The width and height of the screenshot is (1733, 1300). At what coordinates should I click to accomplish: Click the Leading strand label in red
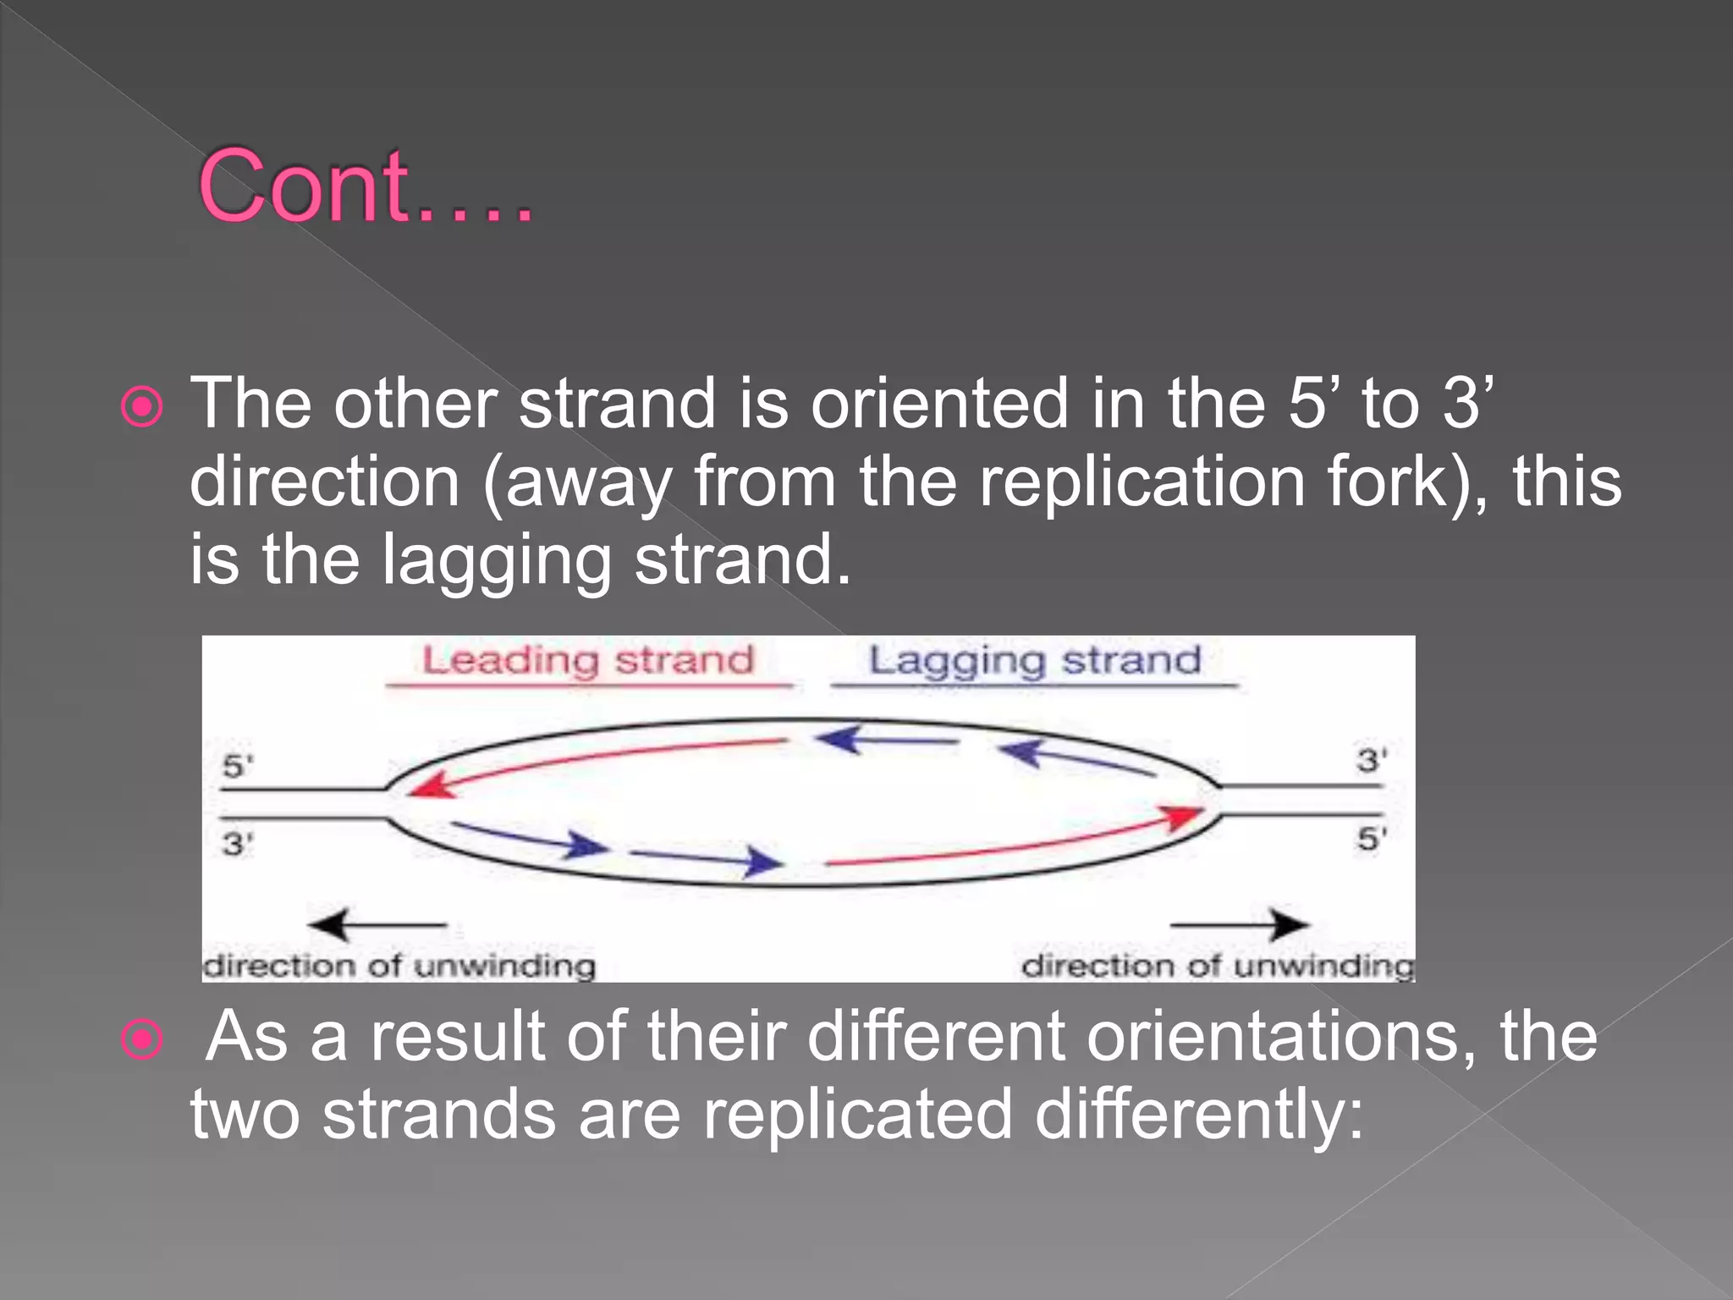tap(587, 660)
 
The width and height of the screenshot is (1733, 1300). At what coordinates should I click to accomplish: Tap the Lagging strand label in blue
tap(1034, 660)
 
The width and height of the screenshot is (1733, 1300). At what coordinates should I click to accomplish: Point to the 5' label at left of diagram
tap(237, 766)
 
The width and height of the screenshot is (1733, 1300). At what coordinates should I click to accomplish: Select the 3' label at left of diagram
tap(237, 844)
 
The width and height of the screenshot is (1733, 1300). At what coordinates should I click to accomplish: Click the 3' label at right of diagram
tap(1372, 760)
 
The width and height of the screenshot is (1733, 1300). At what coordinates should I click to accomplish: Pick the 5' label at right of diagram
tap(1372, 839)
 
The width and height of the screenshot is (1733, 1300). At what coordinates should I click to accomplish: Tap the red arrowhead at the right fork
tap(1183, 818)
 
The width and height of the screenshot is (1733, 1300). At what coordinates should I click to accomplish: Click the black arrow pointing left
tap(377, 924)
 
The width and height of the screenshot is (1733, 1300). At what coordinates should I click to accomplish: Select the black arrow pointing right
tap(1240, 924)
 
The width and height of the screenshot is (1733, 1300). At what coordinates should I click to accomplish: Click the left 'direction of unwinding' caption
tap(399, 966)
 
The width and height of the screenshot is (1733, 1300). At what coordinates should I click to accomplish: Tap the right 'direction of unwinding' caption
tap(1217, 966)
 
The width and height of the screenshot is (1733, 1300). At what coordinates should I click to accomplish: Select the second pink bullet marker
tap(142, 1039)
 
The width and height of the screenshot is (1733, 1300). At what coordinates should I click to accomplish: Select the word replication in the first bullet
tap(1142, 482)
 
